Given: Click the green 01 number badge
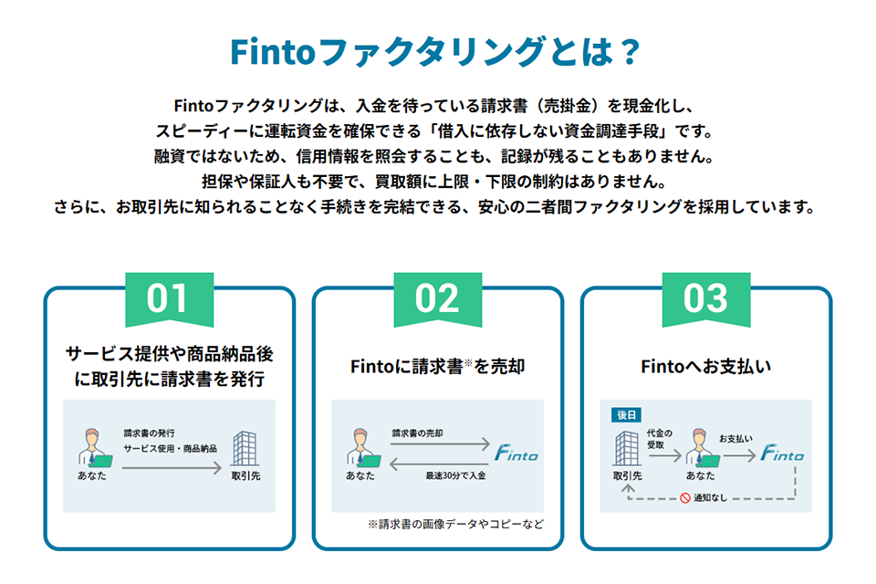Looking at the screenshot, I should [169, 298].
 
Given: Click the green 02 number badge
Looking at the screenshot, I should [437, 298].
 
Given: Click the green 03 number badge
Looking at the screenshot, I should [705, 298].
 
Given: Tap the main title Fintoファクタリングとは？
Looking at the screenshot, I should [437, 52].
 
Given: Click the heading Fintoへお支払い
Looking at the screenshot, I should [705, 367].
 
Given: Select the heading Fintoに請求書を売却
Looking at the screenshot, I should [437, 367].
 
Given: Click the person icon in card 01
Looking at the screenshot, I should [92, 448].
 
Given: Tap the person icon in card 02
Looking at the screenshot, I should [360, 448].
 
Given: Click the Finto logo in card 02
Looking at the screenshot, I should [516, 453].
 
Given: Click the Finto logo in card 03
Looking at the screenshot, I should [783, 453].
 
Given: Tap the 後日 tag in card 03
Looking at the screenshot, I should [626, 415].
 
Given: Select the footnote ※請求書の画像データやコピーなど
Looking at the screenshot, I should [455, 525].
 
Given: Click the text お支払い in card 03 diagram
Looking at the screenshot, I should [735, 439].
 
